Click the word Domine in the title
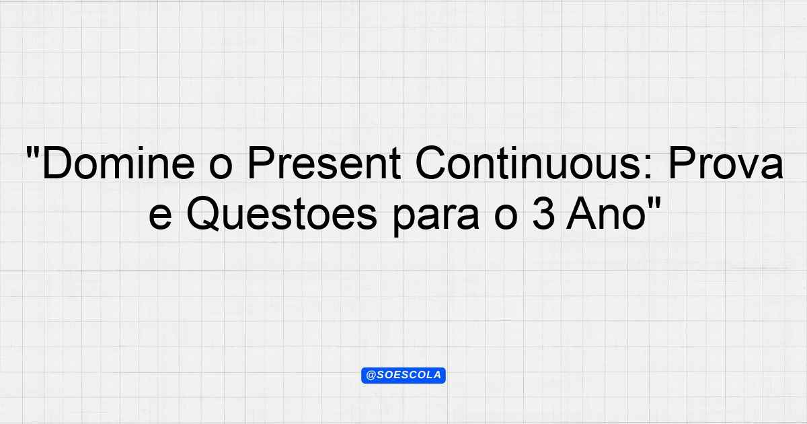pyautogui.click(x=118, y=163)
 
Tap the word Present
pyautogui.click(x=324, y=163)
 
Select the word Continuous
pyautogui.click(x=527, y=163)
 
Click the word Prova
pyautogui.click(x=726, y=163)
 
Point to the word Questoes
pyautogui.click(x=282, y=214)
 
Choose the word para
pyautogui.click(x=436, y=219)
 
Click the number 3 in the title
pyautogui.click(x=543, y=214)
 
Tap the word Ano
pyautogui.click(x=606, y=214)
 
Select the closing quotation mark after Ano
pyautogui.click(x=654, y=204)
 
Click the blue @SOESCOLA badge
pyautogui.click(x=403, y=376)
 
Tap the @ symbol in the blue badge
pyautogui.click(x=371, y=376)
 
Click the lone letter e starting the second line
pyautogui.click(x=160, y=218)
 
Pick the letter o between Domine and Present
pyautogui.click(x=221, y=167)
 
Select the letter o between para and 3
pyautogui.click(x=506, y=218)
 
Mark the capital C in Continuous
pyautogui.click(x=430, y=163)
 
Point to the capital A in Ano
pyautogui.click(x=582, y=214)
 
